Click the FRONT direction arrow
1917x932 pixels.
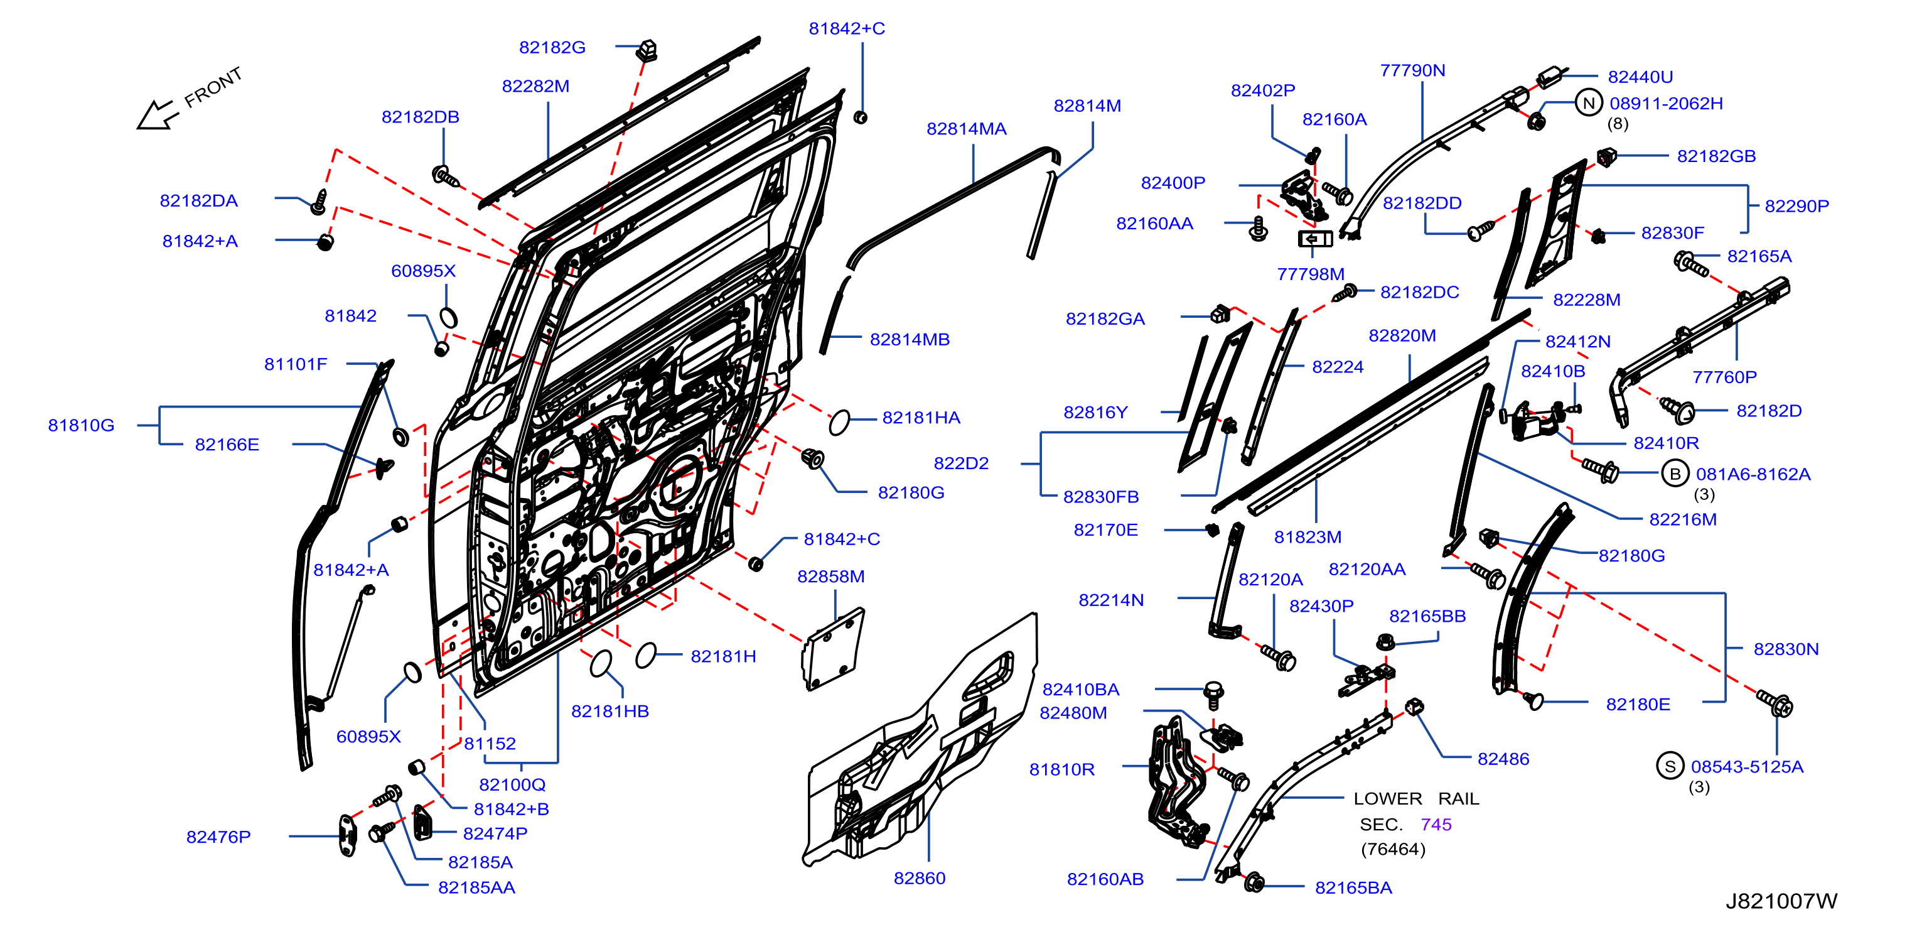click(157, 116)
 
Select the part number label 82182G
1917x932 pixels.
click(552, 48)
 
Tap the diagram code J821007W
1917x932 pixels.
click(1781, 901)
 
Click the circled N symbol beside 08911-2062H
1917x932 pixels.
click(1589, 104)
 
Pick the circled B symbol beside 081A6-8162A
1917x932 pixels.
click(1675, 474)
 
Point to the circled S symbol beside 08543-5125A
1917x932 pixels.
click(1670, 766)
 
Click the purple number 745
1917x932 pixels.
click(1436, 825)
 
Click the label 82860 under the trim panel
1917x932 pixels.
click(920, 879)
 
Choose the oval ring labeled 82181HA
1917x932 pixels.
click(839, 422)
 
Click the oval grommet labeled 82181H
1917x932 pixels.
click(646, 656)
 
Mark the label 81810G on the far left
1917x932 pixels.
click(81, 426)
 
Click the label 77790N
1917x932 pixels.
click(1412, 71)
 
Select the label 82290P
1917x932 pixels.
click(1796, 206)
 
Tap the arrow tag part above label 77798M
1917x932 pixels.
click(1315, 239)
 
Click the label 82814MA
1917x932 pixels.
click(966, 129)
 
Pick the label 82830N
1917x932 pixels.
click(1786, 649)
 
